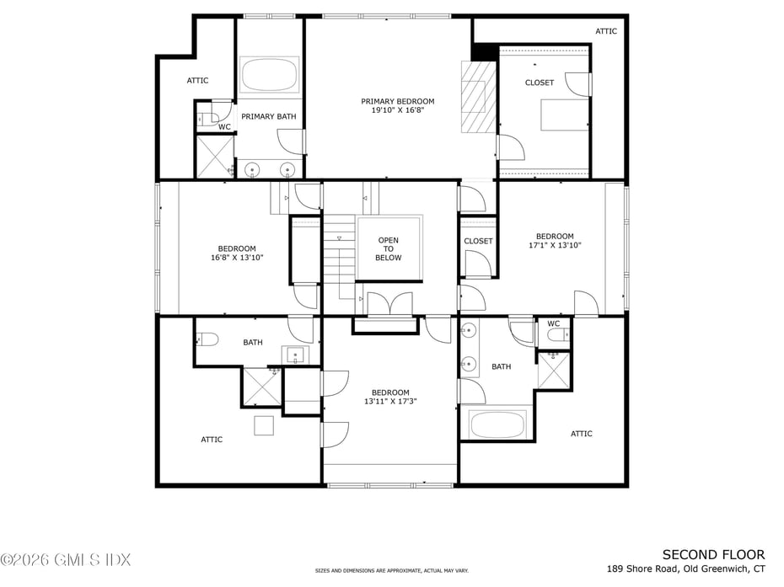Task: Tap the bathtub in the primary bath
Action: tap(269, 75)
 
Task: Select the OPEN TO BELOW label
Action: tap(388, 248)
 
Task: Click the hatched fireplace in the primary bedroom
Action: tap(477, 97)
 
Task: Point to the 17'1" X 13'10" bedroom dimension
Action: tap(555, 246)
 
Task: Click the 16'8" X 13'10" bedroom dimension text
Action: tap(237, 258)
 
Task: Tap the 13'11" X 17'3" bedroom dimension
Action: tap(390, 402)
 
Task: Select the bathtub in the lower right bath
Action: tap(497, 424)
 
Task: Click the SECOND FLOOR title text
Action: tap(713, 554)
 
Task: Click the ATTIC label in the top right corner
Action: tap(606, 31)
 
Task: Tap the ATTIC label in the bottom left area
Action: tap(212, 440)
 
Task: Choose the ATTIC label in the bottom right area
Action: tap(582, 434)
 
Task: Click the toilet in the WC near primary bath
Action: tap(211, 113)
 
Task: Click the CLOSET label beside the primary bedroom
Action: tap(540, 83)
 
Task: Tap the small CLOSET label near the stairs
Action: tap(478, 241)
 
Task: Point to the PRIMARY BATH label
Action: tap(269, 116)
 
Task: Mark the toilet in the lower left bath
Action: tap(206, 339)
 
